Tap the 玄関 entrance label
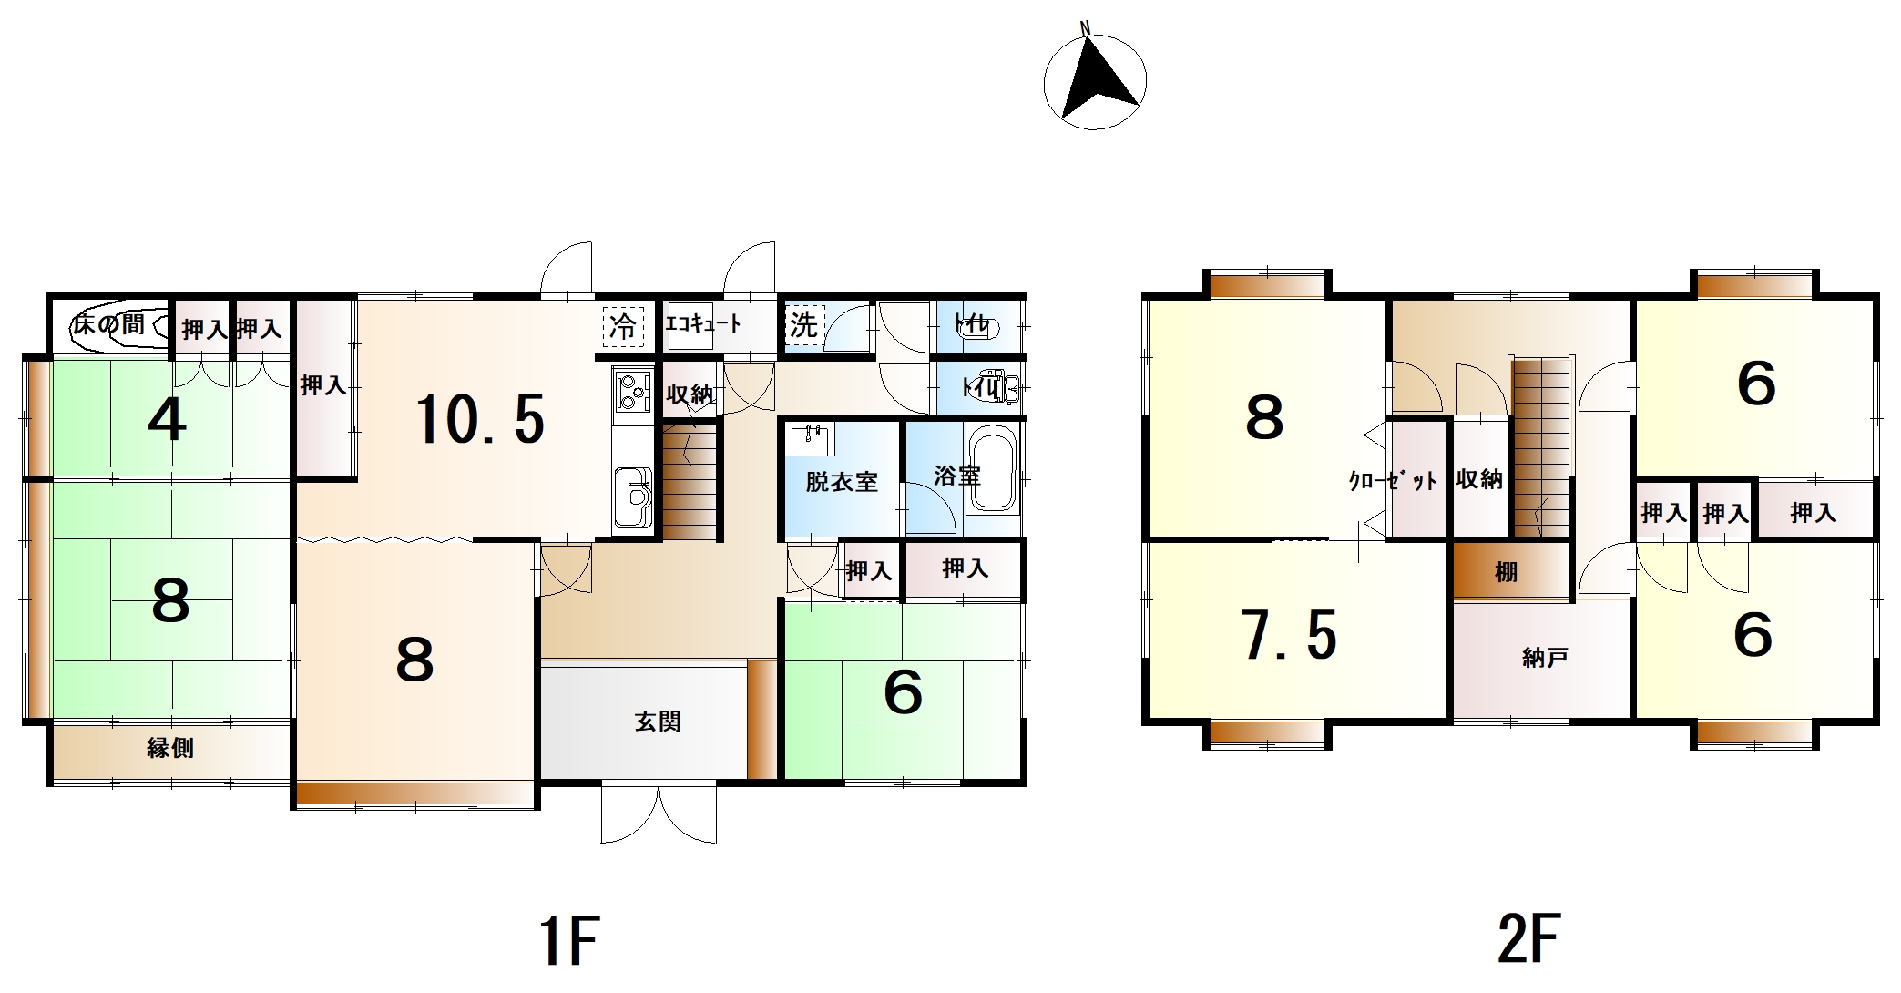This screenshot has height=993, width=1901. tap(658, 722)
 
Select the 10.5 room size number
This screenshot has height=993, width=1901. tap(480, 420)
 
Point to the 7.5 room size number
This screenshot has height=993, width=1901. tap(1290, 635)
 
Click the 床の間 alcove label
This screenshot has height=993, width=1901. tap(109, 323)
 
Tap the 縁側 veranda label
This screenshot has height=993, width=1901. tap(170, 748)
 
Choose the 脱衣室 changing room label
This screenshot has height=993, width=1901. tap(841, 482)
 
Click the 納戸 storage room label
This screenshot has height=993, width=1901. tap(1545, 657)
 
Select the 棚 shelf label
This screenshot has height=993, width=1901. tap(1506, 572)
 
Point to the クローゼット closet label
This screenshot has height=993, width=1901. tap(1392, 481)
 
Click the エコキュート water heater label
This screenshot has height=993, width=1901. tap(704, 323)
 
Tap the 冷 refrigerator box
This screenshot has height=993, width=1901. tap(624, 326)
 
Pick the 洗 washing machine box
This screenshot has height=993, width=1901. tap(803, 325)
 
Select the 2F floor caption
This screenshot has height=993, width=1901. tap(1529, 938)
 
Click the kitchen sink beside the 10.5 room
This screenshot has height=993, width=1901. tap(632, 497)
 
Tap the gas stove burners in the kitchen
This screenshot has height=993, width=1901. tap(632, 392)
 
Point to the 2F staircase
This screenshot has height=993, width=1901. tap(1543, 446)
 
